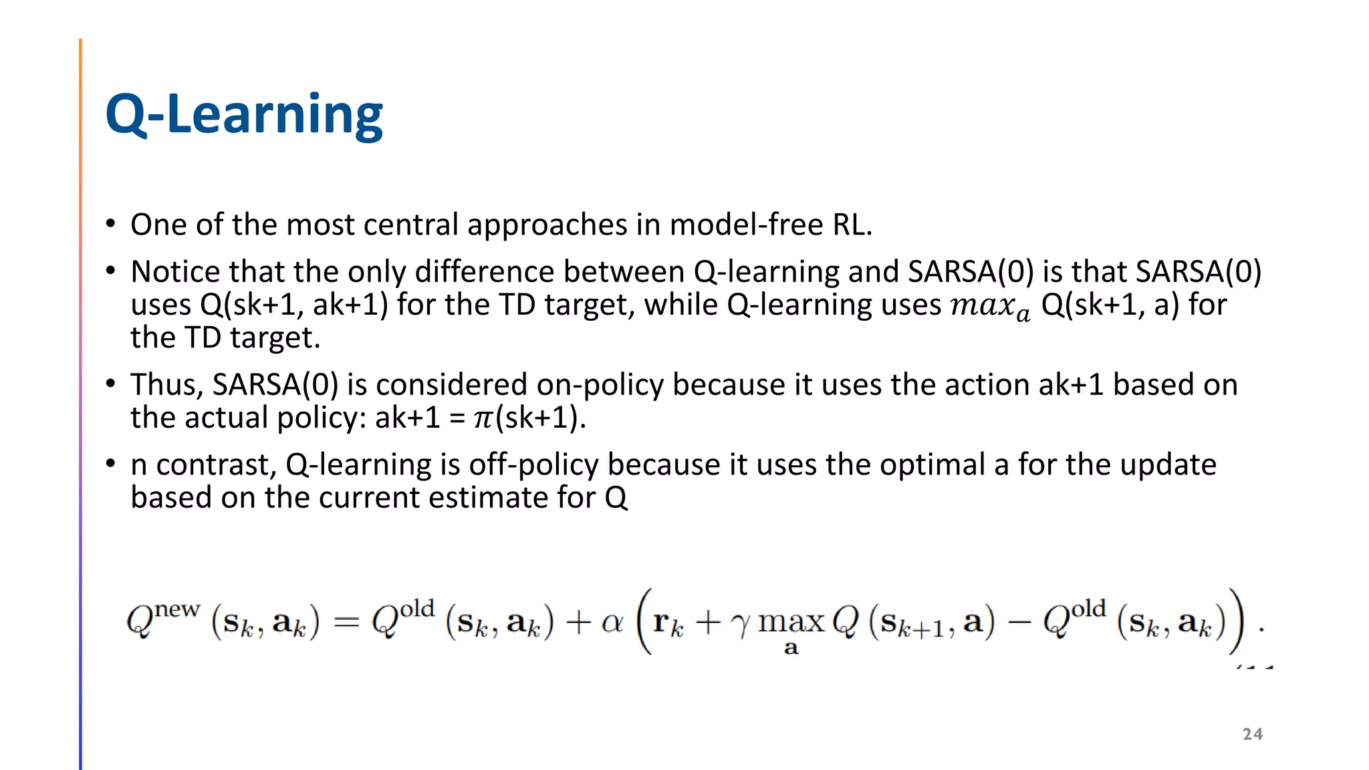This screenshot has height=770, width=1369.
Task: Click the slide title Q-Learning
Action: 244,115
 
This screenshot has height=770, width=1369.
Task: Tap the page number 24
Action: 1252,734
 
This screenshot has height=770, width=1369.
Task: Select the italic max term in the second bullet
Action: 989,306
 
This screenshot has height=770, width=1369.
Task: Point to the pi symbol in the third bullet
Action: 483,419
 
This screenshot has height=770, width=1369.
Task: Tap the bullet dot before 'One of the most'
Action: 111,225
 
